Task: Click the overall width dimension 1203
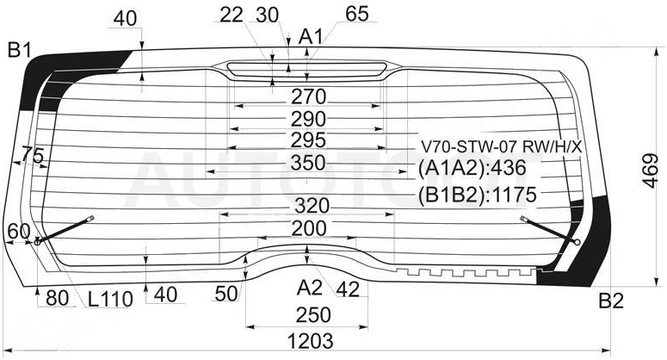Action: (x=310, y=341)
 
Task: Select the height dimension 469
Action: (x=650, y=171)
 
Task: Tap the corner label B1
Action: (x=20, y=51)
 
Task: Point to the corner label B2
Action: (x=611, y=301)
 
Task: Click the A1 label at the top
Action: (x=311, y=37)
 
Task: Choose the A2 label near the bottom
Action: (x=309, y=289)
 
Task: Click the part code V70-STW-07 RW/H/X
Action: (x=501, y=147)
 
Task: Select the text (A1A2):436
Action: (x=472, y=169)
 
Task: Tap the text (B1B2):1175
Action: (x=477, y=196)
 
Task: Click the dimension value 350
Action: (x=308, y=163)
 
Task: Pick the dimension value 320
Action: (x=312, y=206)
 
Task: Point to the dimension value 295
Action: (x=308, y=140)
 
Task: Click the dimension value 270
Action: (x=308, y=97)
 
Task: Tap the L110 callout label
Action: (x=111, y=299)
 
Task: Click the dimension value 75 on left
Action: (x=33, y=155)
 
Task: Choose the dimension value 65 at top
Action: (x=357, y=14)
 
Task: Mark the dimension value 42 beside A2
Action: (x=348, y=289)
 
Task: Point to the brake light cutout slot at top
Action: (x=306, y=69)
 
